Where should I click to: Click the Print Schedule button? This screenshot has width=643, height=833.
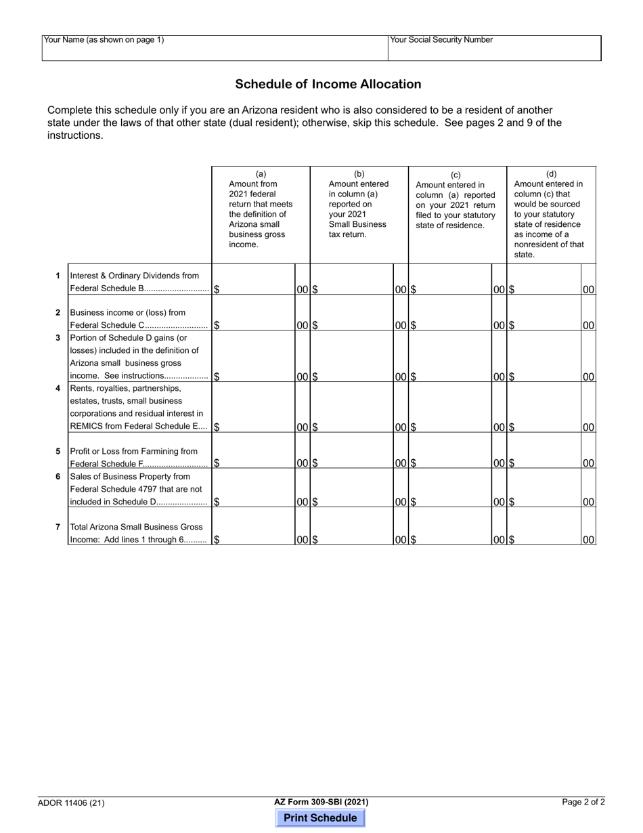pyautogui.click(x=320, y=817)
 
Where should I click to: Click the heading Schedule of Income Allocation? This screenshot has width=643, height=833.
pyautogui.click(x=328, y=84)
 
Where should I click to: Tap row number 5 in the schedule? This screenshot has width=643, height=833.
pyautogui.click(x=58, y=451)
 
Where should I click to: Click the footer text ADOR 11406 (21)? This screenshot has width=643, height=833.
pyautogui.click(x=71, y=803)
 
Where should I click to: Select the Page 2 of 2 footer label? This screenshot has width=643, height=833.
pyautogui.click(x=583, y=802)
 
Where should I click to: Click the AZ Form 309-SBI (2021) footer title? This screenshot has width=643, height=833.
pyautogui.click(x=321, y=802)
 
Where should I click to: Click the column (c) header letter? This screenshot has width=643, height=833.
pyautogui.click(x=456, y=175)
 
